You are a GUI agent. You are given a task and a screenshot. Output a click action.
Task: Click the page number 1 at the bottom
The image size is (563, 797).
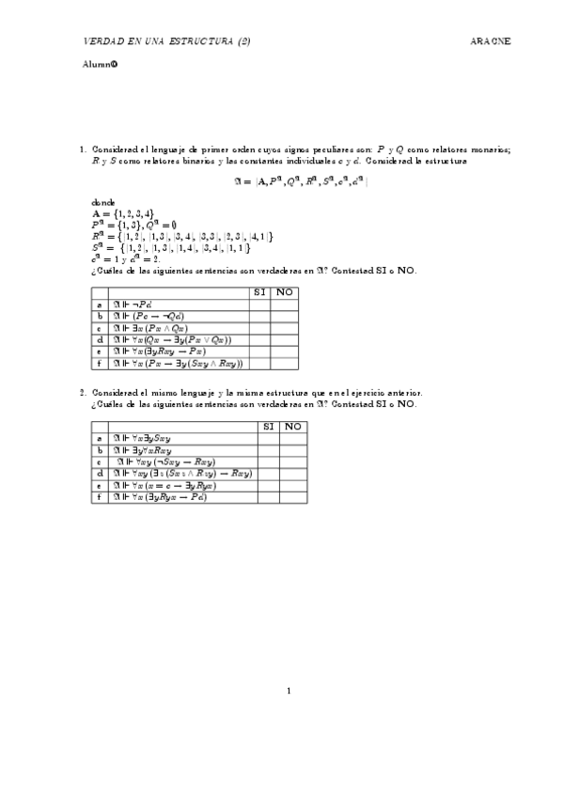289,693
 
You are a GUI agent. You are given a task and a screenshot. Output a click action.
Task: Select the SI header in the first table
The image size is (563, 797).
259,292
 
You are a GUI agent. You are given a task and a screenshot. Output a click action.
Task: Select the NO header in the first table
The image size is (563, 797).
284,292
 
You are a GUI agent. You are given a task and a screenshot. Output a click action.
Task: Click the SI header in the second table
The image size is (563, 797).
269,427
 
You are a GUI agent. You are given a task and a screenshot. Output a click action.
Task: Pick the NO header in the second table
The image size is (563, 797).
293,427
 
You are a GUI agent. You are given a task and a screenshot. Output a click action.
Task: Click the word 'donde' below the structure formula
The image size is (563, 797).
103,202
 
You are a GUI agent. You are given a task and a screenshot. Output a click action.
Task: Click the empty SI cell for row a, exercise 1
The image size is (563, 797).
259,305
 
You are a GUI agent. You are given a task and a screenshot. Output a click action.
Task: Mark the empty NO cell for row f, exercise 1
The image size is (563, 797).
284,363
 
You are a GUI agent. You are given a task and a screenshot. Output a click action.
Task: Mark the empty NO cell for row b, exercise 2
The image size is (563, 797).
293,450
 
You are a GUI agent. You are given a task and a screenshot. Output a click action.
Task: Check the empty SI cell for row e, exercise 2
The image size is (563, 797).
269,485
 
